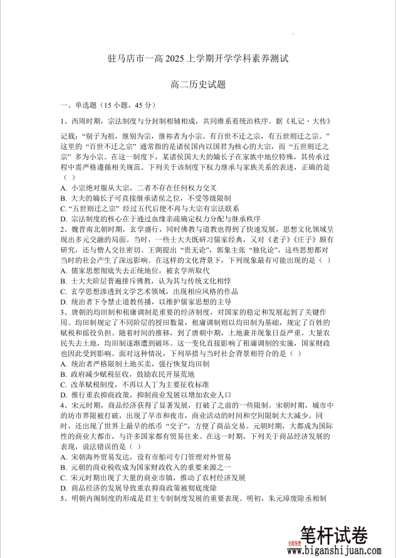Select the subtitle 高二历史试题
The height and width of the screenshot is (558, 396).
pyautogui.click(x=197, y=84)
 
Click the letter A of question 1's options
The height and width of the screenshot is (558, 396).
pyautogui.click(x=64, y=187)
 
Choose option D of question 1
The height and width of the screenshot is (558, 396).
pyautogui.click(x=64, y=219)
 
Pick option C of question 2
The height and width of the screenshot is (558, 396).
pyautogui.click(x=64, y=291)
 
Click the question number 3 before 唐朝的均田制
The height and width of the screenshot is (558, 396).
pyautogui.click(x=63, y=312)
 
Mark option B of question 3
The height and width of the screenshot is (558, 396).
pyautogui.click(x=64, y=374)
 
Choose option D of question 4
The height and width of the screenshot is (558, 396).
pyautogui.click(x=64, y=487)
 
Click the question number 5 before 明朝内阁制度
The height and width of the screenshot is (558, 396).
pyautogui.click(x=63, y=498)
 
